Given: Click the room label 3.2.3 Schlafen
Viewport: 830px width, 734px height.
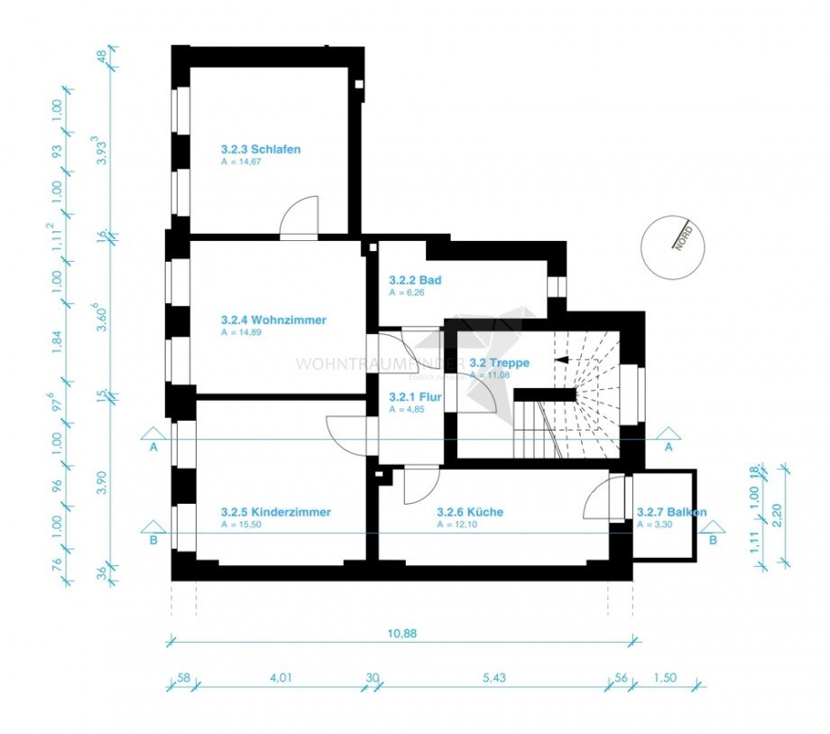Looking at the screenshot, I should pos(261,149).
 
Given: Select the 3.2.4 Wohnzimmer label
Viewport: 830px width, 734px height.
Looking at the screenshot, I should pos(273,320).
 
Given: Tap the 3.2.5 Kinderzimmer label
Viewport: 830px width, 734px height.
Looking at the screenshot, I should pos(275,512).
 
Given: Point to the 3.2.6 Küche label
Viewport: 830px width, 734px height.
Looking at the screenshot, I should pos(470,512).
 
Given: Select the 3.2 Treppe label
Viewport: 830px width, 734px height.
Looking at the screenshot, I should pos(499,362).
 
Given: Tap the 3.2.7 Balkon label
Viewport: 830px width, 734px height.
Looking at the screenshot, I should pos(671,512).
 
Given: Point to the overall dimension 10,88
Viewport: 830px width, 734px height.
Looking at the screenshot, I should pos(402,633).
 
